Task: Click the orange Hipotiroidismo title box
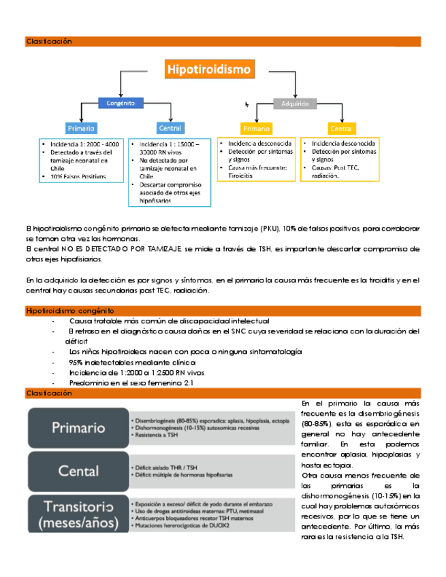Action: [x=208, y=69]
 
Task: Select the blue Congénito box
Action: [x=121, y=103]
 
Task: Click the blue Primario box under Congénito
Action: [x=81, y=128]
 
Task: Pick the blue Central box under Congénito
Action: [x=170, y=128]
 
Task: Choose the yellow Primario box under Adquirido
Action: [x=257, y=128]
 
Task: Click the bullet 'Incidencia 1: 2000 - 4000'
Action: [x=84, y=144]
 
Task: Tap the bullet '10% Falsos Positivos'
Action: [x=78, y=176]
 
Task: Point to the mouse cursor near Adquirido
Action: [x=247, y=104]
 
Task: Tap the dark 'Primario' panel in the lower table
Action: [x=78, y=428]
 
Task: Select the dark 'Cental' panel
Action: [x=78, y=471]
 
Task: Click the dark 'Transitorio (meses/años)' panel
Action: [x=78, y=514]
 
